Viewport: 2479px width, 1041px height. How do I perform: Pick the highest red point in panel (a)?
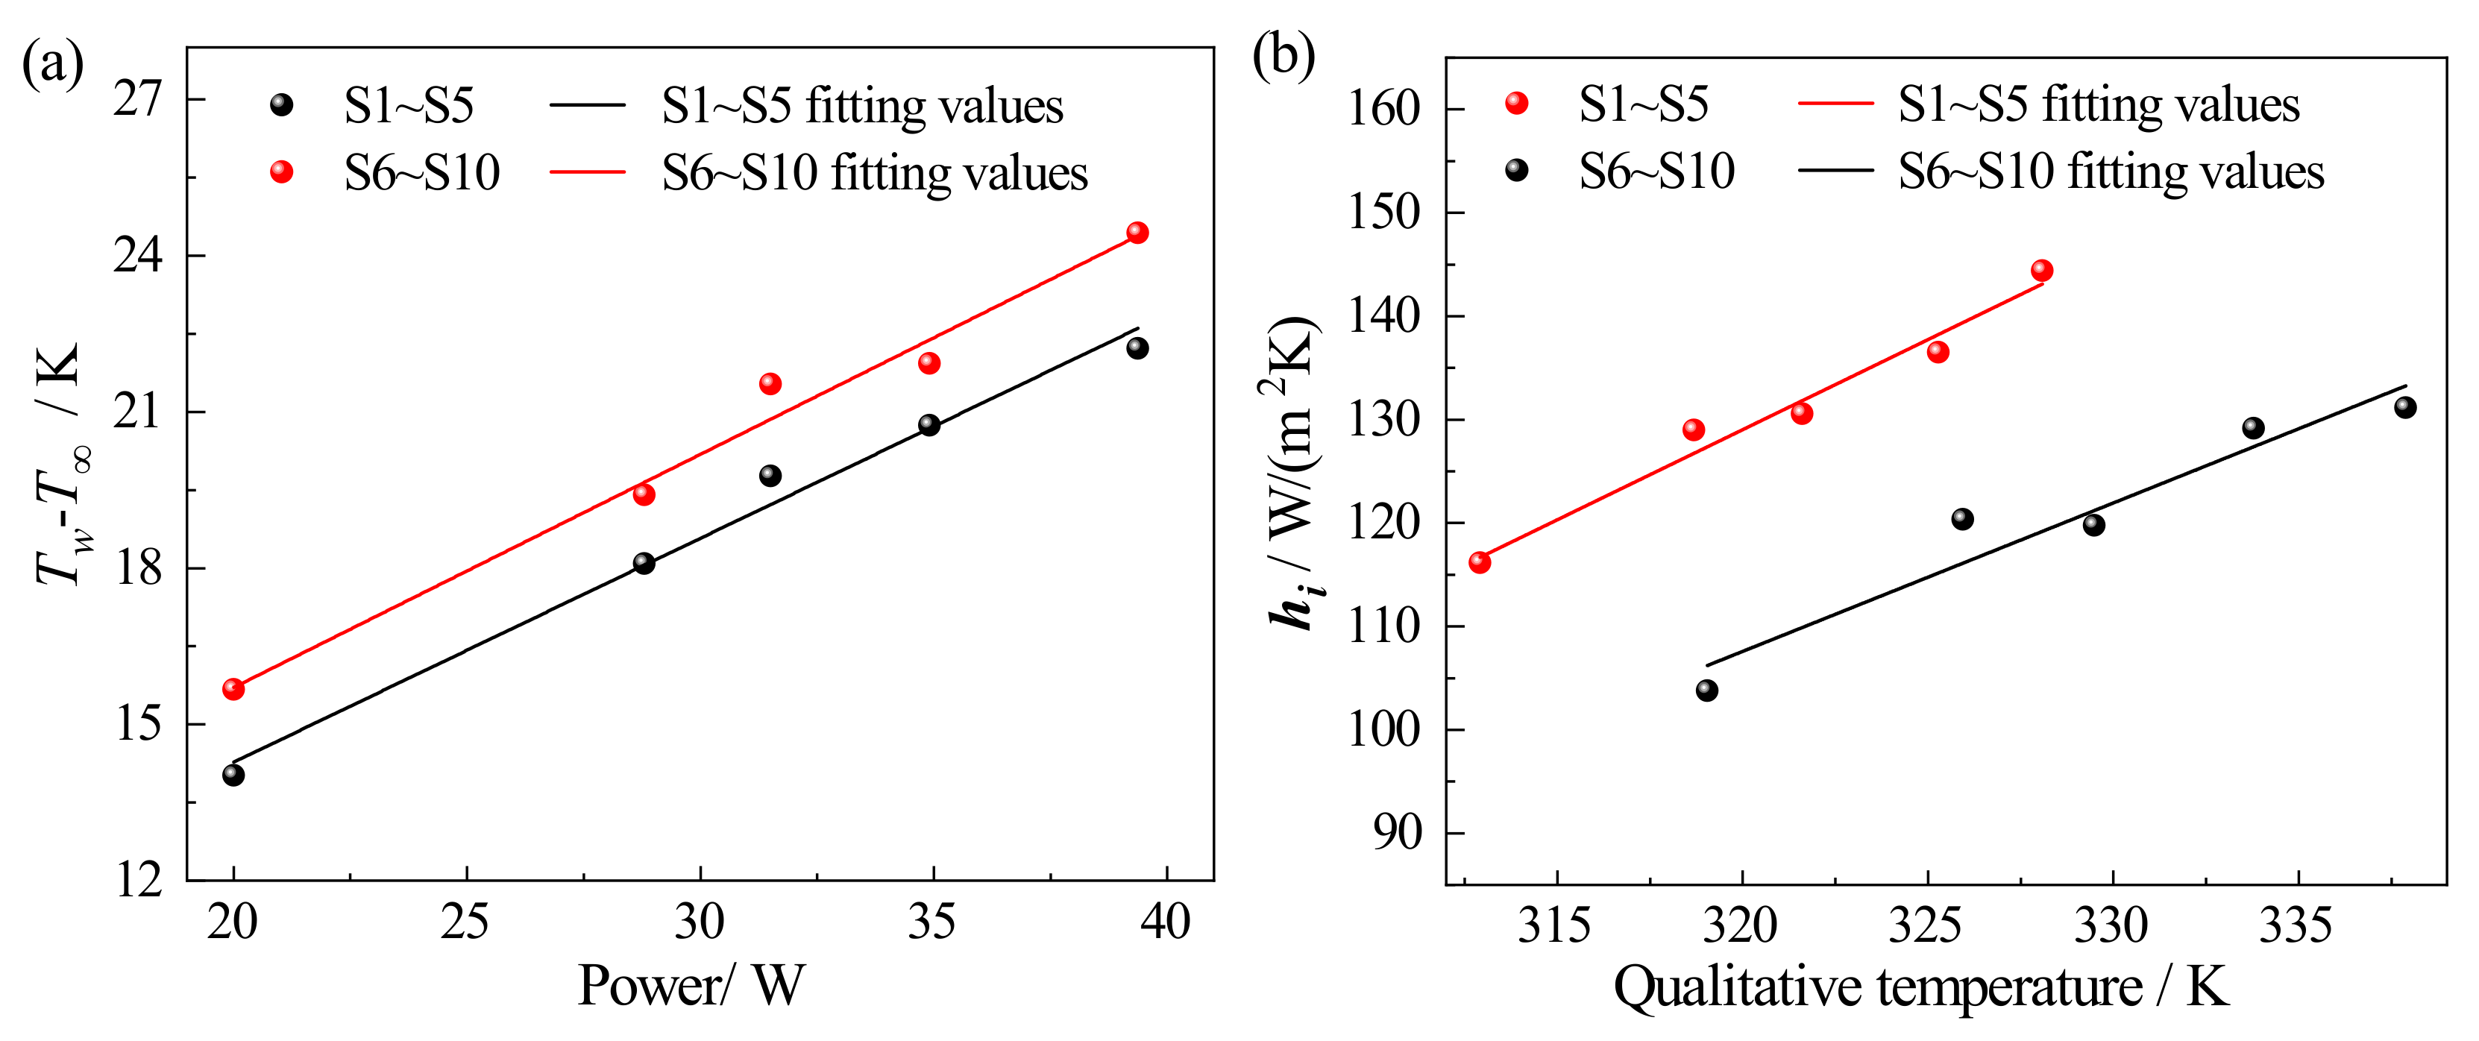[x=1137, y=233]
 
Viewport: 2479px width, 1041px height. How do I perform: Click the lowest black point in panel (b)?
[x=1707, y=690]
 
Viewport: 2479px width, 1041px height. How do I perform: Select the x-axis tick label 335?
[x=2296, y=925]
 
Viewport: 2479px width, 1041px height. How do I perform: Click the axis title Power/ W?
[x=690, y=986]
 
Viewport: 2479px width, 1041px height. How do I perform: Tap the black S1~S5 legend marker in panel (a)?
[x=281, y=104]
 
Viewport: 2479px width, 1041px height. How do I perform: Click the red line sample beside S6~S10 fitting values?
[x=587, y=173]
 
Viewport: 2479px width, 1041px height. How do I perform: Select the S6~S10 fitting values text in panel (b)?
[x=2111, y=172]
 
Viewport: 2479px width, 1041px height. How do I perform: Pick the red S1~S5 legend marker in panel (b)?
[x=1517, y=103]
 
